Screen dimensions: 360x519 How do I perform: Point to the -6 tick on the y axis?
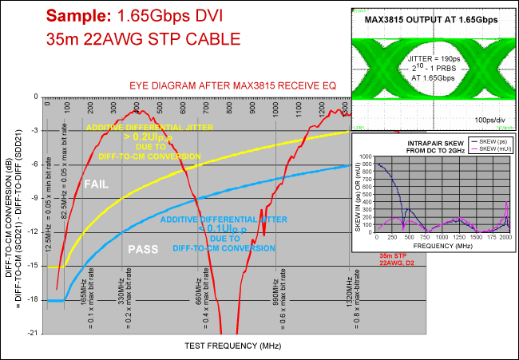(35, 164)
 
